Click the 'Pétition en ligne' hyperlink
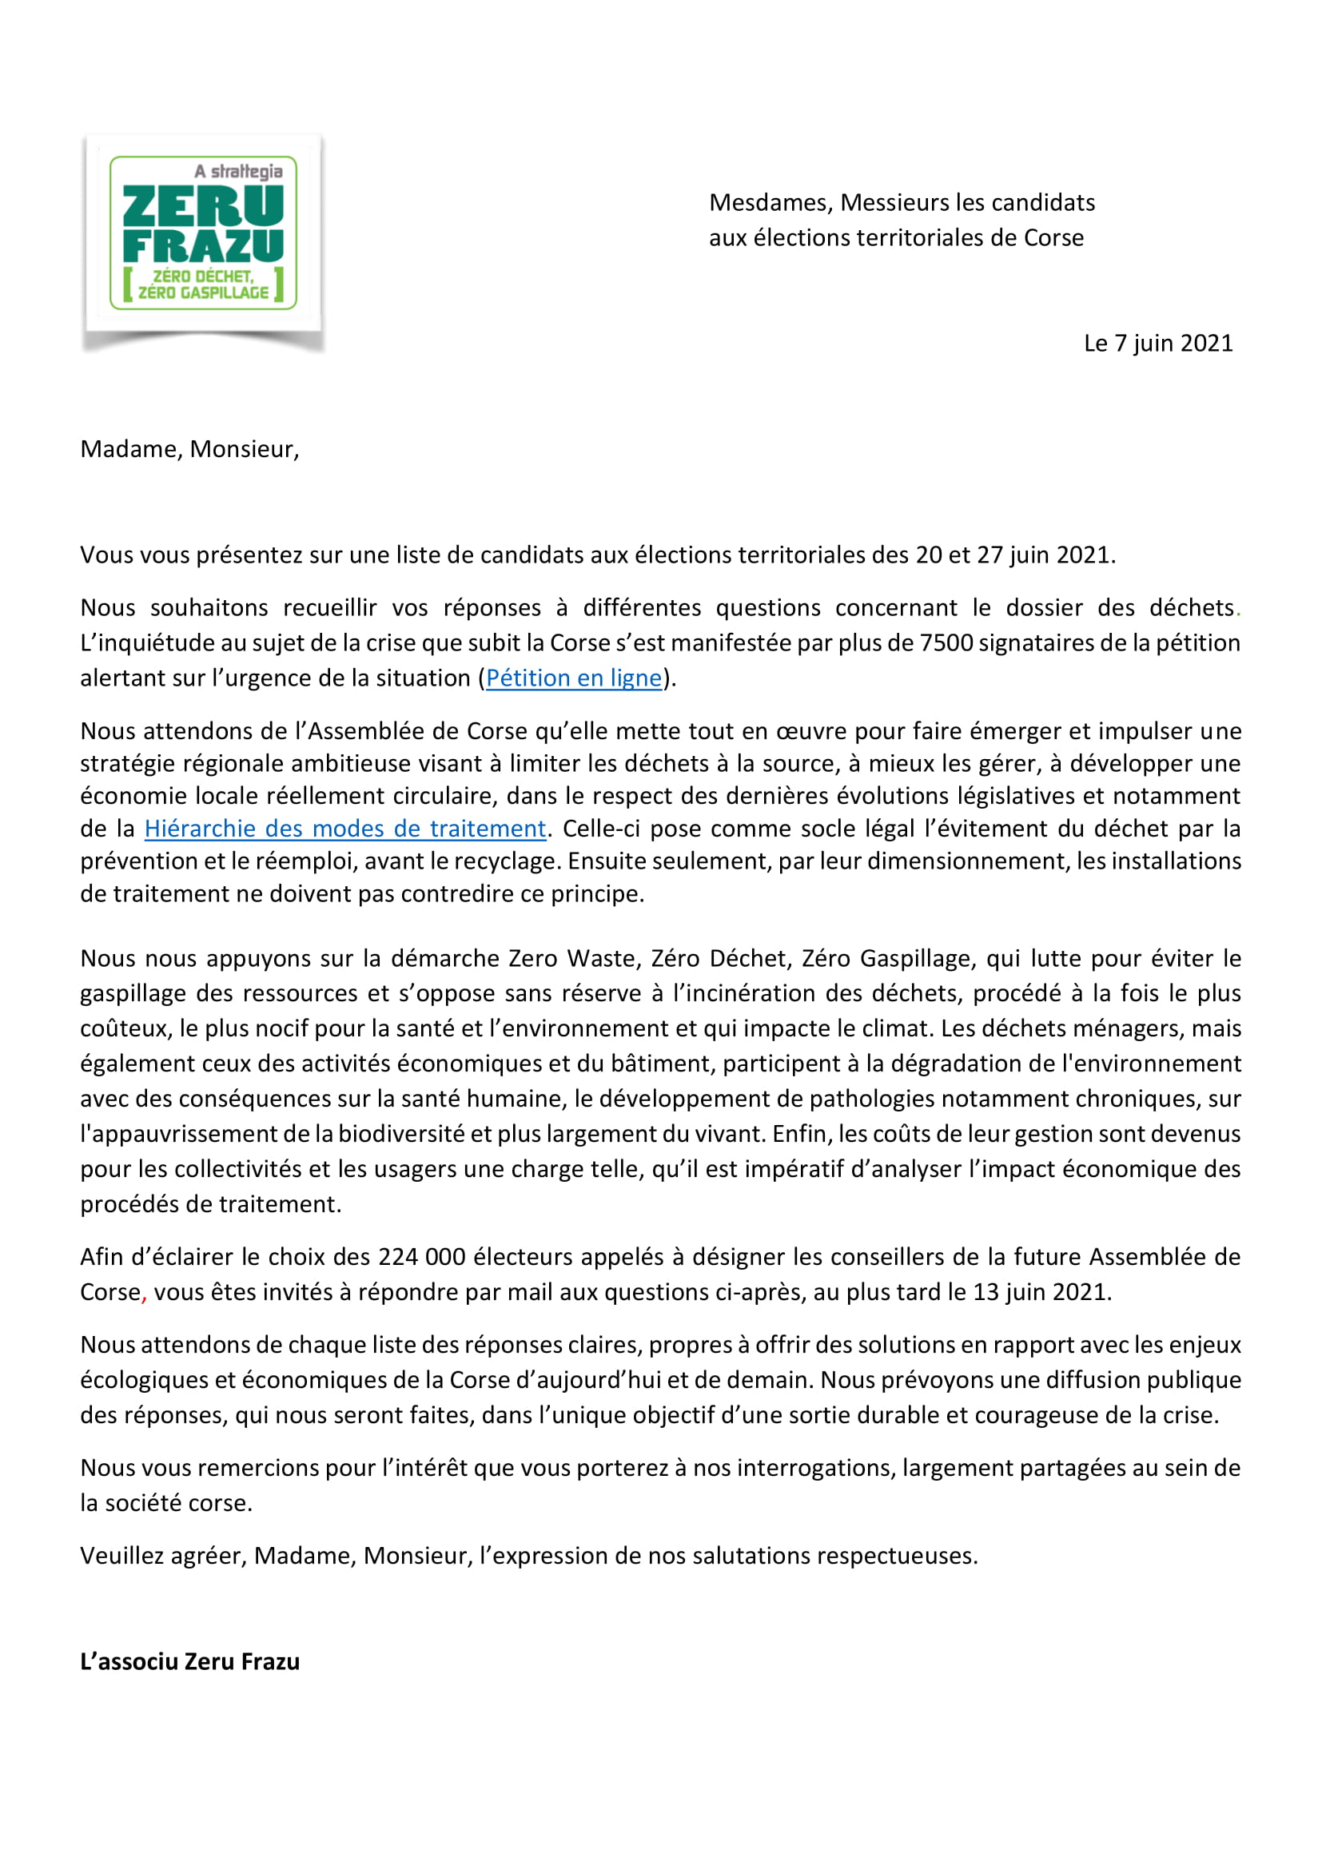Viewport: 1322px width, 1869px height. click(x=574, y=678)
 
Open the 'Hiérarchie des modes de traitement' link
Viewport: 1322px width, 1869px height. click(x=344, y=829)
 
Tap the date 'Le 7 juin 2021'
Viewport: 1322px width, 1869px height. click(x=1157, y=344)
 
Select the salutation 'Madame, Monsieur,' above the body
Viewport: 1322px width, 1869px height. click(x=189, y=449)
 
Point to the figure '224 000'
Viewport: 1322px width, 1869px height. click(x=422, y=1257)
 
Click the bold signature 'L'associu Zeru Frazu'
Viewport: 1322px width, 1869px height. click(x=189, y=1662)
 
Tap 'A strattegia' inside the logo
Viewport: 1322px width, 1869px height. click(x=238, y=172)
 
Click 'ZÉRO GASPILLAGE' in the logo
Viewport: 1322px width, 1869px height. click(x=204, y=293)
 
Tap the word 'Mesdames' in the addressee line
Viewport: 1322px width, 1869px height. click(x=769, y=203)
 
